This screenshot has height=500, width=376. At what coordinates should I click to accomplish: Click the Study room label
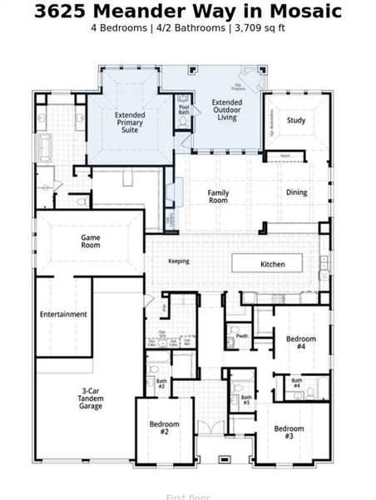pyautogui.click(x=296, y=120)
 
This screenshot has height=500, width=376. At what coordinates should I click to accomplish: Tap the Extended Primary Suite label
pyautogui.click(x=130, y=123)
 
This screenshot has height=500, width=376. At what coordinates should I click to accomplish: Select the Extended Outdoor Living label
pyautogui.click(x=227, y=110)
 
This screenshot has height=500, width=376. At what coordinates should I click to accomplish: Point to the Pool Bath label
pyautogui.click(x=184, y=107)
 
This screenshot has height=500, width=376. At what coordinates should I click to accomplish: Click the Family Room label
pyautogui.click(x=218, y=197)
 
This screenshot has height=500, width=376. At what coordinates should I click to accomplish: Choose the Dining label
pyautogui.click(x=296, y=192)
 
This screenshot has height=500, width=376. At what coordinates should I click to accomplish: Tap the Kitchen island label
pyautogui.click(x=273, y=264)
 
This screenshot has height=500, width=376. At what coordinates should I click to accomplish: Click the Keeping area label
pyautogui.click(x=178, y=261)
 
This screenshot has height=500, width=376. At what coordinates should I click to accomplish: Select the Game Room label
pyautogui.click(x=91, y=242)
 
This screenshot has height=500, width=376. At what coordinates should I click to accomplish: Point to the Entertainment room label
pyautogui.click(x=63, y=314)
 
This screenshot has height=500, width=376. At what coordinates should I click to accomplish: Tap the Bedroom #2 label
pyautogui.click(x=165, y=428)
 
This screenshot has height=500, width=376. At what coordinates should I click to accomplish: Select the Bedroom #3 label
pyautogui.click(x=289, y=432)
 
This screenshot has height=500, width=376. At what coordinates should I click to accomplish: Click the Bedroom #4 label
pyautogui.click(x=301, y=342)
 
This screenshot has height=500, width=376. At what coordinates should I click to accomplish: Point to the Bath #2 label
pyautogui.click(x=161, y=384)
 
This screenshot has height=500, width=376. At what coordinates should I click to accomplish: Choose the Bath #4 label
pyautogui.click(x=297, y=384)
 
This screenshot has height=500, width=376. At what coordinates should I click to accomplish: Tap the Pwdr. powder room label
pyautogui.click(x=242, y=336)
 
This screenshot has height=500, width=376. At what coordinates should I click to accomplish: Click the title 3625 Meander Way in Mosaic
pyautogui.click(x=188, y=11)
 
